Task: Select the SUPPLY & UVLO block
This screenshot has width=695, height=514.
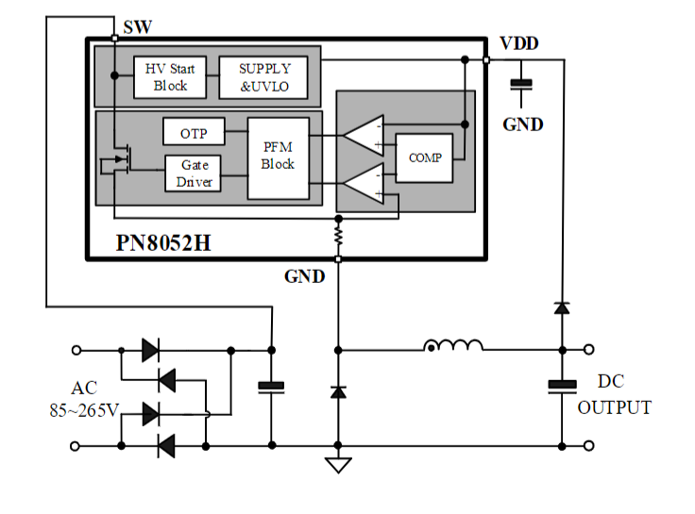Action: tap(264, 77)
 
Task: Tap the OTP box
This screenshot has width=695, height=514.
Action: tap(193, 133)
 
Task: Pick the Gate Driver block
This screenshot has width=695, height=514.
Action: tap(194, 173)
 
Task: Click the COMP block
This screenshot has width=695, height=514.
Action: tap(424, 158)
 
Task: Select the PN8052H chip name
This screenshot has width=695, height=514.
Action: tap(163, 242)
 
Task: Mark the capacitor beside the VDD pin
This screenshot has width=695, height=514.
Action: tap(520, 85)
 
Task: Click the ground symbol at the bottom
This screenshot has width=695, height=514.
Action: tap(337, 464)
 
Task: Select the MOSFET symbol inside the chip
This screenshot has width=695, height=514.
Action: tap(120, 162)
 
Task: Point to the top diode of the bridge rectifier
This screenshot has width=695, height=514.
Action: tap(149, 351)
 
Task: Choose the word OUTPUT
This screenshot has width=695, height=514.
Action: tap(614, 408)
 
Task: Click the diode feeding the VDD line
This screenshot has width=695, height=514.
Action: tap(562, 307)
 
